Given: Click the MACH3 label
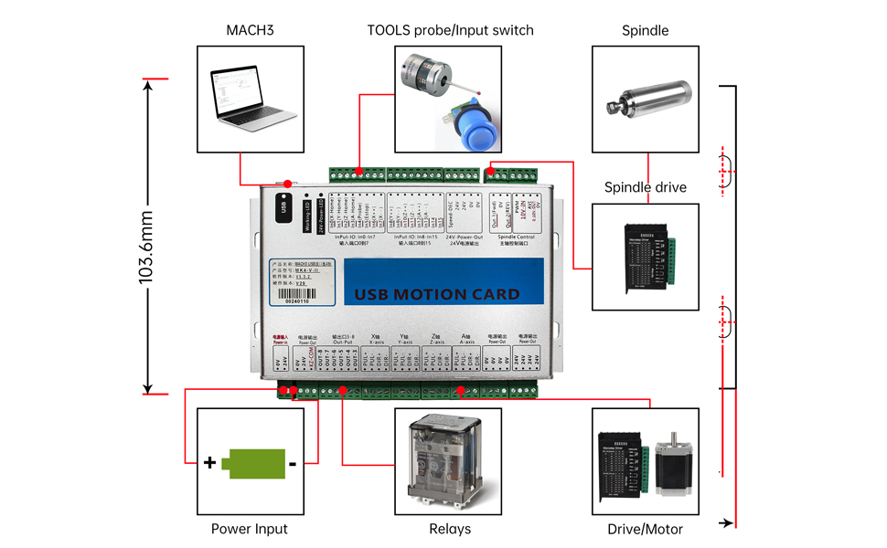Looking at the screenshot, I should tap(251, 30).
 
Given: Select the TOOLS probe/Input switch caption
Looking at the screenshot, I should tap(450, 30).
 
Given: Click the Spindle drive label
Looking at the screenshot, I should tap(645, 187).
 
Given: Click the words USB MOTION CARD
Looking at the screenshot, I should tap(436, 294).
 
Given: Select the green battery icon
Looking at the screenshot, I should tap(251, 463).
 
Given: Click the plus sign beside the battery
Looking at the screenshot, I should tap(210, 463).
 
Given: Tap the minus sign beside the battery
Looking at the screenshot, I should tap(292, 464).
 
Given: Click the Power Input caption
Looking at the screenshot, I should tap(250, 529).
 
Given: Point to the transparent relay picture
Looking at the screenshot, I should tap(447, 460).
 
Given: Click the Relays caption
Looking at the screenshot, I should tap(450, 529).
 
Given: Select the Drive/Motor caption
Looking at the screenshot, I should tap(645, 529).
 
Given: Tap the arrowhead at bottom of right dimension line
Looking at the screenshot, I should tap(728, 523).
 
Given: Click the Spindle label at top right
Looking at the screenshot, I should tap(645, 30).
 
